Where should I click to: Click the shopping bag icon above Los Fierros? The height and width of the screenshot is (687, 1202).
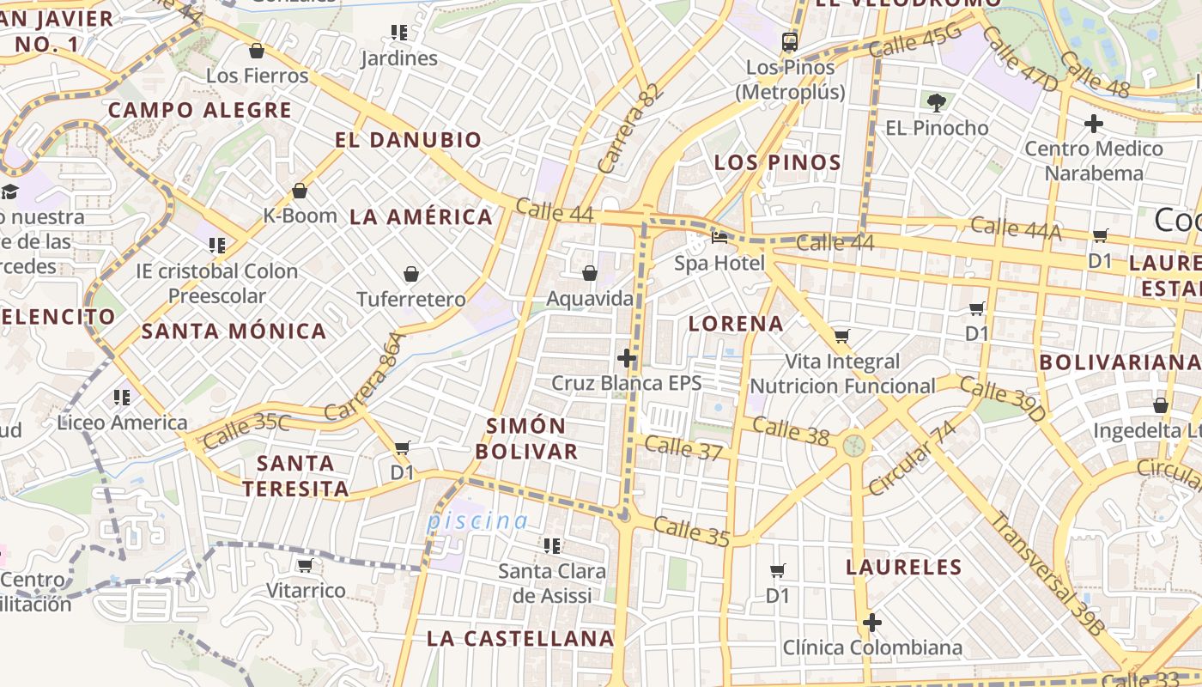pyautogui.click(x=256, y=52)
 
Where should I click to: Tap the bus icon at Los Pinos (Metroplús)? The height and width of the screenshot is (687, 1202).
pyautogui.click(x=789, y=41)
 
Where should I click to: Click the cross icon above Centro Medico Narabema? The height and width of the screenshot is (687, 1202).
pyautogui.click(x=1093, y=124)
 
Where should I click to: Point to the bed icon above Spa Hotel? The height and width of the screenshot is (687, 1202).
pyautogui.click(x=719, y=238)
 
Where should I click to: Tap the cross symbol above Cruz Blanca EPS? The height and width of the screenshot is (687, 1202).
pyautogui.click(x=627, y=358)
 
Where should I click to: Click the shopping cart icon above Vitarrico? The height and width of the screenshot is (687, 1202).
pyautogui.click(x=305, y=566)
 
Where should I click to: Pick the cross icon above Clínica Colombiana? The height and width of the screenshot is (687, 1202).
pyautogui.click(x=872, y=623)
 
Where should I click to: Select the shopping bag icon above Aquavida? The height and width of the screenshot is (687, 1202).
pyautogui.click(x=590, y=274)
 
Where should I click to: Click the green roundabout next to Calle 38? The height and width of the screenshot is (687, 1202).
pyautogui.click(x=853, y=445)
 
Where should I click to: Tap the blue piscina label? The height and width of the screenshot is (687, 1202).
pyautogui.click(x=478, y=520)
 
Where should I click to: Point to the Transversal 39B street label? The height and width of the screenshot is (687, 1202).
pyautogui.click(x=1045, y=573)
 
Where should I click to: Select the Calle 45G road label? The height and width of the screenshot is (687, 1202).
pyautogui.click(x=914, y=41)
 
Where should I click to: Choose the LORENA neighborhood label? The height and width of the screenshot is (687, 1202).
pyautogui.click(x=736, y=324)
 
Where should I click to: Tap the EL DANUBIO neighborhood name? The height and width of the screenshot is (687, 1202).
pyautogui.click(x=408, y=140)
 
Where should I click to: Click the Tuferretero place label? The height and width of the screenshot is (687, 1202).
pyautogui.click(x=411, y=300)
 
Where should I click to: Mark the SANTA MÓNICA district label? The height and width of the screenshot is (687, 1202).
pyautogui.click(x=234, y=331)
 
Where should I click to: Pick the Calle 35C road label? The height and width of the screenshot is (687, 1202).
pyautogui.click(x=248, y=430)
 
